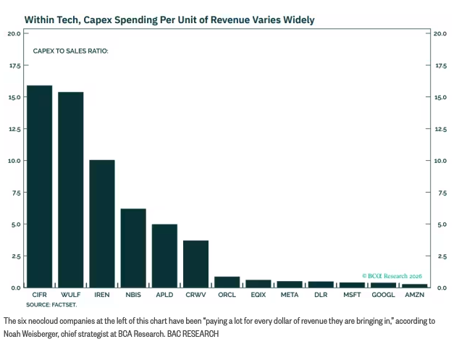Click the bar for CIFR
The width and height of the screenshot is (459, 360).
(x=40, y=187)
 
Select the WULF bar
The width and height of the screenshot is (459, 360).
(x=71, y=190)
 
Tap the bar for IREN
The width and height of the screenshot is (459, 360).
(x=102, y=224)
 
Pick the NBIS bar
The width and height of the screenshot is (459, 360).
(x=133, y=248)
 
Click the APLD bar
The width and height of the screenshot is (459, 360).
(x=164, y=256)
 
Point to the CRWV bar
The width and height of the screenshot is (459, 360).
(x=196, y=264)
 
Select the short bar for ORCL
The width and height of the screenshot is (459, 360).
(x=227, y=282)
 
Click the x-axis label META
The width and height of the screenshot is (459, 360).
(x=290, y=295)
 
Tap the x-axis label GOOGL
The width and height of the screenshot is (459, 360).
(x=383, y=295)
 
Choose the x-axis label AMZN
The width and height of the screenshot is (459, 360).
(x=415, y=295)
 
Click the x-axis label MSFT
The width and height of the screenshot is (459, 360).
(x=352, y=295)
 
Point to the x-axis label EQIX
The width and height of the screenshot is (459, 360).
(x=258, y=295)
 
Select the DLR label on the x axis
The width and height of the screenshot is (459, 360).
(x=321, y=295)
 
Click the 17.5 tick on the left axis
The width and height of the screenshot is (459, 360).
(x=15, y=66)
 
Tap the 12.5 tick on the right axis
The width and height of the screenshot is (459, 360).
(x=441, y=129)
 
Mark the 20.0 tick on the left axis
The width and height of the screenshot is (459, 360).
(x=14, y=34)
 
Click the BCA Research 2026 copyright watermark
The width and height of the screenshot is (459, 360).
(x=392, y=276)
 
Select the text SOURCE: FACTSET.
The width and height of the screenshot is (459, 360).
(x=51, y=305)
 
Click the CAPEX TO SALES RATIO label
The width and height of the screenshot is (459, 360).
(x=70, y=51)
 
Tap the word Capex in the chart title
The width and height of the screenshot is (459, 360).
(x=98, y=20)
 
